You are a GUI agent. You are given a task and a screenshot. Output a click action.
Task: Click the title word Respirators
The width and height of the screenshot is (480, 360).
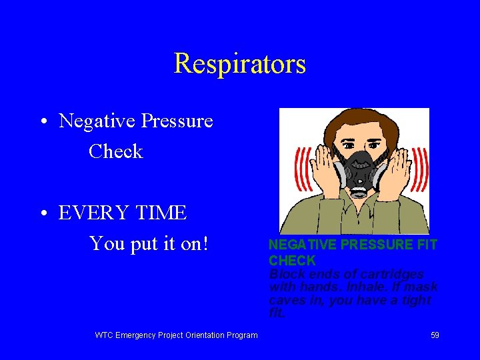239,64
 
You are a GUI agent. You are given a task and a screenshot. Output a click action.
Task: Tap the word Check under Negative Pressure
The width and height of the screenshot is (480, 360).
115,151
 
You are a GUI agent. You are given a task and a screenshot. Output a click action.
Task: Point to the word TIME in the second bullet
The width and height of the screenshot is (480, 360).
163,213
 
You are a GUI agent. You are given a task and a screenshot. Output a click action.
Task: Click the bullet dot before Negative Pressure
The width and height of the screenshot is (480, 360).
42,123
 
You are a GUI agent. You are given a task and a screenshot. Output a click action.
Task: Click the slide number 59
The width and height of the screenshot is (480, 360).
435,335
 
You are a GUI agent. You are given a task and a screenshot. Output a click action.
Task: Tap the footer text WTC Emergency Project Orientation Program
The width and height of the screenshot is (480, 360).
176,335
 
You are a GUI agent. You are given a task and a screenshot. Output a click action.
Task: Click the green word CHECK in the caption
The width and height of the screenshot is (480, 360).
291,260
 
